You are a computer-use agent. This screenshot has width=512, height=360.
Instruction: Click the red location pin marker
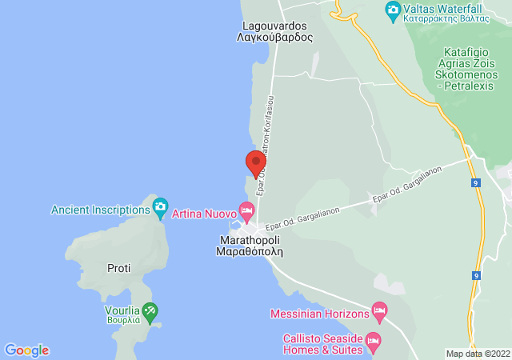click(255, 163)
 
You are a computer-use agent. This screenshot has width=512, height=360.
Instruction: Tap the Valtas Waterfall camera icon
click(393, 10)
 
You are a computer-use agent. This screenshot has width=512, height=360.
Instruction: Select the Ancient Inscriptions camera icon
click(160, 209)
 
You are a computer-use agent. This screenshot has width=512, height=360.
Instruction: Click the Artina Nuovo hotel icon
click(246, 214)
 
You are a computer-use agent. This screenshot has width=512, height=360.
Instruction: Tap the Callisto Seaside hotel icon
click(372, 343)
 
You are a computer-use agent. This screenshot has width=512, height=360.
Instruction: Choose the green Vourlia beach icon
click(150, 310)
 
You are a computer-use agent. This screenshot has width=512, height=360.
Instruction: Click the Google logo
click(26, 350)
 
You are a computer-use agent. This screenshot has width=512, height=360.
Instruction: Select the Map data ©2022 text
click(477, 354)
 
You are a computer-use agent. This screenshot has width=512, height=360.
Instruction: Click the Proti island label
click(118, 268)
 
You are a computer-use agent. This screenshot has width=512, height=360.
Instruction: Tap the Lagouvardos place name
click(274, 31)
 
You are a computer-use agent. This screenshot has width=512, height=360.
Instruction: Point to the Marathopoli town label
click(250, 245)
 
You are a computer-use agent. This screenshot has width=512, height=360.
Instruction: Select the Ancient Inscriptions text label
click(100, 210)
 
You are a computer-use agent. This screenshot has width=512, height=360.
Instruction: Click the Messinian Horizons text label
click(320, 314)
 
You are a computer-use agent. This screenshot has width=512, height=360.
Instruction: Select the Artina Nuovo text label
click(204, 214)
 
